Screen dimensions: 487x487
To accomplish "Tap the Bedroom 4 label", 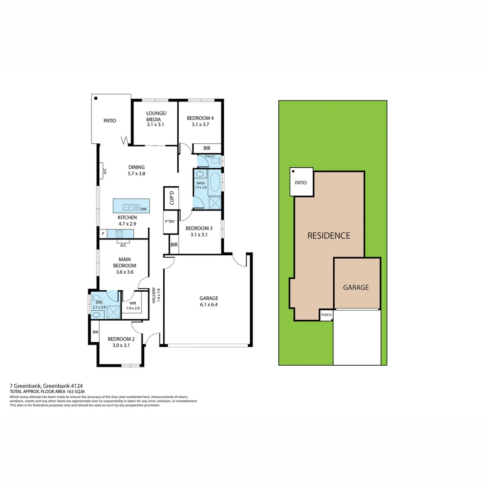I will (x=200, y=119).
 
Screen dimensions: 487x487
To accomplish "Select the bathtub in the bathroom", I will (x=215, y=182).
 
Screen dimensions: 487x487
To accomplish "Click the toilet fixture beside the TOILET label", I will (x=215, y=161).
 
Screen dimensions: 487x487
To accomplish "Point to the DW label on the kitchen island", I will (x=143, y=209).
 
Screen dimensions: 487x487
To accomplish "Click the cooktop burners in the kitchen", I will (x=119, y=234).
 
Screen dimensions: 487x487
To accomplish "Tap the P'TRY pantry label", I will (x=170, y=221).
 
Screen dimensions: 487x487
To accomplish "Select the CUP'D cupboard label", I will (x=171, y=198).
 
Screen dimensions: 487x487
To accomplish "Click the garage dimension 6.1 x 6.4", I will (x=209, y=304).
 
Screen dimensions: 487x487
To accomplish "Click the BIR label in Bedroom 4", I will (x=207, y=148).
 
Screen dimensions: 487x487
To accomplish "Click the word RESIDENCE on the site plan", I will (x=329, y=235).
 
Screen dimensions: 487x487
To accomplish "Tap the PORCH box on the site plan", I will (x=326, y=315).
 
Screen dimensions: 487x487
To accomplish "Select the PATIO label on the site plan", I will (x=301, y=183).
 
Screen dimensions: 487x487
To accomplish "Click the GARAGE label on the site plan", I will (x=356, y=287).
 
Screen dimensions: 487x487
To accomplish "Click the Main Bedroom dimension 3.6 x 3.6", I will (x=124, y=272).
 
